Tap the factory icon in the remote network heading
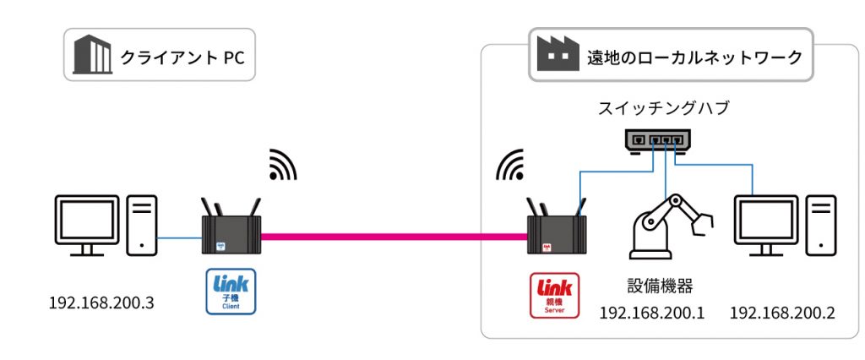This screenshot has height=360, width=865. tap(558, 56)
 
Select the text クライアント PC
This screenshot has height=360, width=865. tap(182, 57)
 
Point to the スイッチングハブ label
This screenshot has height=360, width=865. tap(662, 109)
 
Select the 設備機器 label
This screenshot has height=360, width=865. tap(651, 284)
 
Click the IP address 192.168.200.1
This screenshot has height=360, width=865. tap(651, 313)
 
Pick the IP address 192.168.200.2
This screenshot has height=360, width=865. tap(781, 313)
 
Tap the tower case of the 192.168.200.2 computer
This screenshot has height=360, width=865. tap(820, 224)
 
